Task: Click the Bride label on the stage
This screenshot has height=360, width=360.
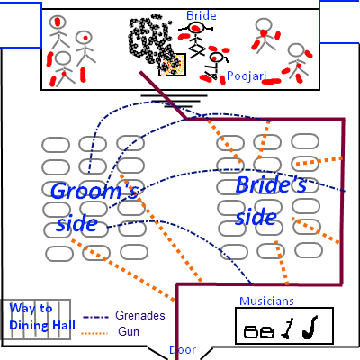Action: click(x=202, y=15)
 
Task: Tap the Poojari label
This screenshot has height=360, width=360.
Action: click(x=247, y=76)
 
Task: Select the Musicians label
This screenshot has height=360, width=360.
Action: click(x=266, y=301)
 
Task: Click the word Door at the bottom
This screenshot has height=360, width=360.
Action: click(x=183, y=350)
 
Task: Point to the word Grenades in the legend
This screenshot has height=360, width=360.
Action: click(x=140, y=315)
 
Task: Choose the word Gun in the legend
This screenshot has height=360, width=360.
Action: click(x=129, y=331)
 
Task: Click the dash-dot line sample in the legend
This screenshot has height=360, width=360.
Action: click(x=95, y=317)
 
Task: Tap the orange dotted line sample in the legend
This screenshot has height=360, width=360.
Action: click(x=94, y=333)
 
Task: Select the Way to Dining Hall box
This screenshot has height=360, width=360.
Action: click(x=36, y=319)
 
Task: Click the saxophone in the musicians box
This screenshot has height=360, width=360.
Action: click(x=310, y=328)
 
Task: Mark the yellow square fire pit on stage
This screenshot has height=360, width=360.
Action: click(x=172, y=65)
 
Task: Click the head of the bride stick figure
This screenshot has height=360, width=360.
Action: click(x=196, y=28)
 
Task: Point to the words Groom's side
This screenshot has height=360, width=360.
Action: click(x=94, y=207)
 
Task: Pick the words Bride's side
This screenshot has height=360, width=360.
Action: click(x=271, y=201)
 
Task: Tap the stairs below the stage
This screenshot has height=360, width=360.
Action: click(x=174, y=101)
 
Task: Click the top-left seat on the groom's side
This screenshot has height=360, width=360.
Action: click(x=56, y=145)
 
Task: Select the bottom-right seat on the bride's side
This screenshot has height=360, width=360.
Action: click(x=309, y=250)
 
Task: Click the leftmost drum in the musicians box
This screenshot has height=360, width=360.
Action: click(x=251, y=332)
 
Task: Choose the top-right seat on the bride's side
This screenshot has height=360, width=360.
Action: click(x=305, y=141)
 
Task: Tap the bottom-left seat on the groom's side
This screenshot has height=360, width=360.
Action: click(x=59, y=254)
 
